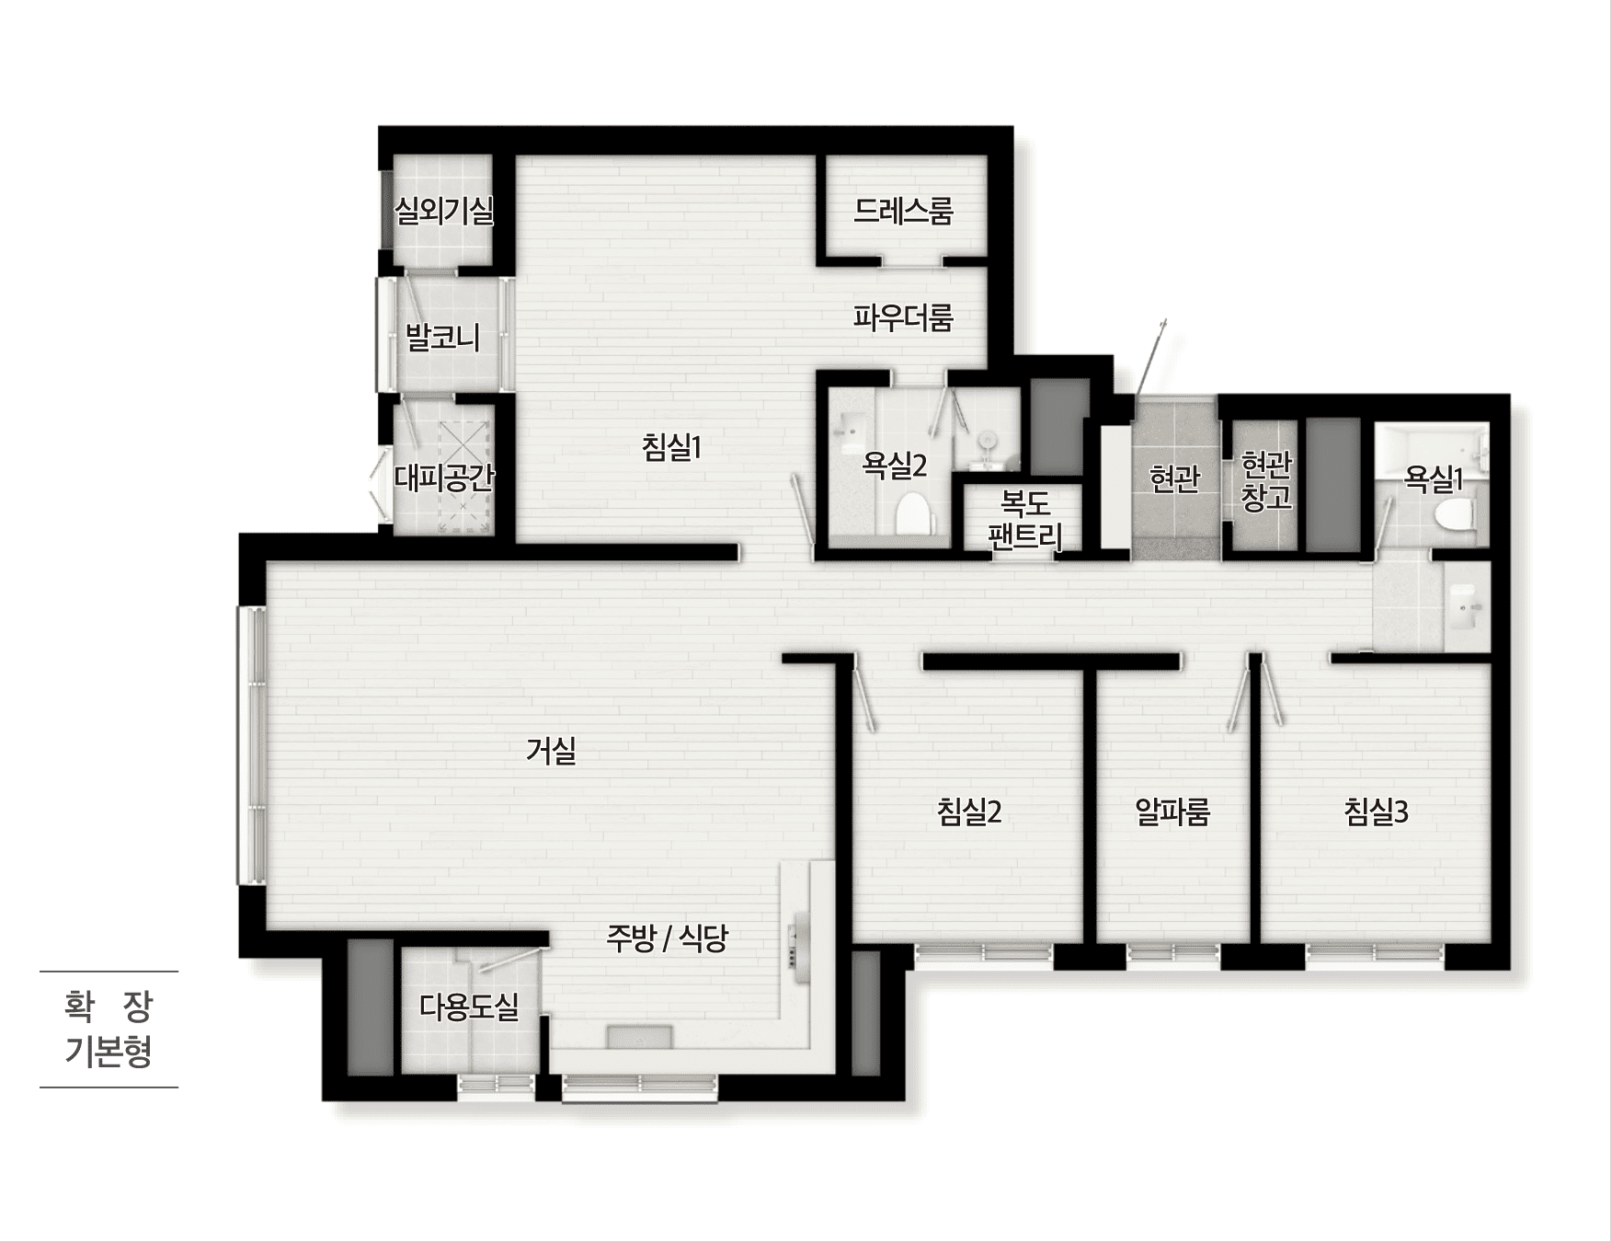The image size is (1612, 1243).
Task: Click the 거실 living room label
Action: coord(551,751)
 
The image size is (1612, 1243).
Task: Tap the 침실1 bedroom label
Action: coord(671,448)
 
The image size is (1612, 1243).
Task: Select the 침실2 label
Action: coord(969,811)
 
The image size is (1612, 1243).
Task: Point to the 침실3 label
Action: coord(1376,811)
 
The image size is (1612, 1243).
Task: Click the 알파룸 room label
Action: coord(1172,811)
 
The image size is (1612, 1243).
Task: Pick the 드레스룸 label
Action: coord(903,211)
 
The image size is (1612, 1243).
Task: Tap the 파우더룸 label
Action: coord(903,317)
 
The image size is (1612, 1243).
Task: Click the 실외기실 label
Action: coord(444,211)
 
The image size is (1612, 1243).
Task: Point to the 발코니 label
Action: coord(443,337)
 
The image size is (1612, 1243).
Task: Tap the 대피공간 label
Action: coord(444,478)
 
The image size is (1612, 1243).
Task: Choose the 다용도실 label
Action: coord(469,1007)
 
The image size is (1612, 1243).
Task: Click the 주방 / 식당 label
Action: coord(667,938)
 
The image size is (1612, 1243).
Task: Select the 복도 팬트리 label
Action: coord(1025,520)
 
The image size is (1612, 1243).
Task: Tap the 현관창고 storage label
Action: coord(1266,480)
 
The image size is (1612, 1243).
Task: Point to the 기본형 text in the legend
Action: coord(109,1051)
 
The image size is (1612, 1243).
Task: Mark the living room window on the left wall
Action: coord(252,745)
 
